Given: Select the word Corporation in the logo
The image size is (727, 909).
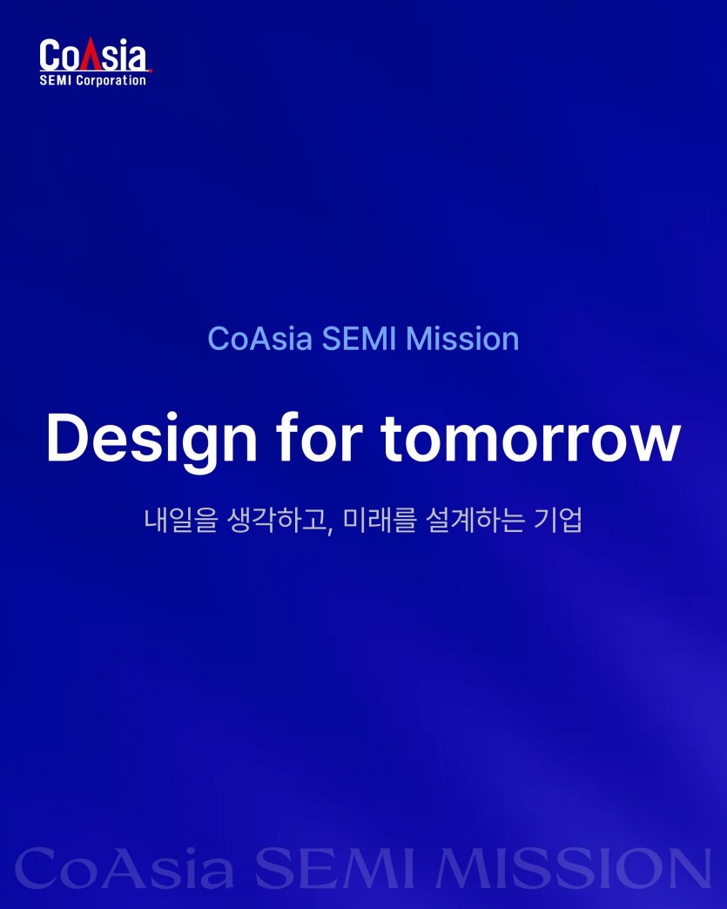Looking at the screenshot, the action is pyautogui.click(x=111, y=81).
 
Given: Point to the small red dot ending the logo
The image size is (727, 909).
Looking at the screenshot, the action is pyautogui.click(x=151, y=71).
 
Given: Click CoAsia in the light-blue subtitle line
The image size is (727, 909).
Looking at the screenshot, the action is pyautogui.click(x=260, y=339).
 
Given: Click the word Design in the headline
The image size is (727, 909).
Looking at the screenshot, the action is pyautogui.click(x=151, y=440).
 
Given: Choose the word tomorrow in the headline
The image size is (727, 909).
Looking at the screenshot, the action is pyautogui.click(x=530, y=439).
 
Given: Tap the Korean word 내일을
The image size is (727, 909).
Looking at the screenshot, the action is pyautogui.click(x=180, y=520).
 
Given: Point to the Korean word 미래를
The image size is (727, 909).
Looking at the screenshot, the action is pyautogui.click(x=380, y=520).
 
